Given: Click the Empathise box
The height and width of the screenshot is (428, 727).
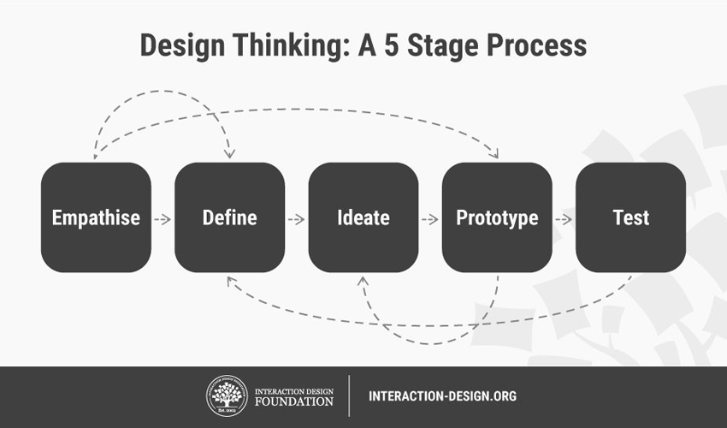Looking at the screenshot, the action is (96, 217).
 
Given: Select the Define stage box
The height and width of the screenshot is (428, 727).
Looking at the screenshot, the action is (229, 217).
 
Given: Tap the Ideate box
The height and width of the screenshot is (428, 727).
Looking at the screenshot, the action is (363, 217).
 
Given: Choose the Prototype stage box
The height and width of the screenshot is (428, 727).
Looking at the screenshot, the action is (497, 217).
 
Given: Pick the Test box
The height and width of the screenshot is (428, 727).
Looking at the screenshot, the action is (630, 217).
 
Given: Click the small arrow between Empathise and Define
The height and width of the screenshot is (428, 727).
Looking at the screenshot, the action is (163, 219).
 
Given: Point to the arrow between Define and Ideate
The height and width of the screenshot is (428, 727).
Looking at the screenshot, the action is (296, 219).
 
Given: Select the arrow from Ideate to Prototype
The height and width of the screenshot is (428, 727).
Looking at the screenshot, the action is (430, 219).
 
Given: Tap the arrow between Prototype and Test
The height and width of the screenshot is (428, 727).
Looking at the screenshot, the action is (564, 219).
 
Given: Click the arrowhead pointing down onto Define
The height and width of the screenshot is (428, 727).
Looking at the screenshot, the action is (229, 154).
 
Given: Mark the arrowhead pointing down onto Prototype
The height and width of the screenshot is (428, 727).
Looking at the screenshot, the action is (494, 154).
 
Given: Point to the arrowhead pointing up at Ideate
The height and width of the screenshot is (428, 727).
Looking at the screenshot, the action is (363, 281).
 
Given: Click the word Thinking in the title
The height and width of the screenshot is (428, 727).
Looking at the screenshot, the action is (291, 46).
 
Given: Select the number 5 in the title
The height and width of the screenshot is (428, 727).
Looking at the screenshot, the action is (392, 45).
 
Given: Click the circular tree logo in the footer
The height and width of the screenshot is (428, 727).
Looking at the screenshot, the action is (227, 396).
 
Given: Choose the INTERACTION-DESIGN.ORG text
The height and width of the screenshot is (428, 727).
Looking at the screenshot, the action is (442, 396).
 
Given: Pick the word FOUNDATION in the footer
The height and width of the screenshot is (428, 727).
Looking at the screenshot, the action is (294, 401).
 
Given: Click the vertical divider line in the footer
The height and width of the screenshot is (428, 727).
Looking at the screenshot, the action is (349, 396).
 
